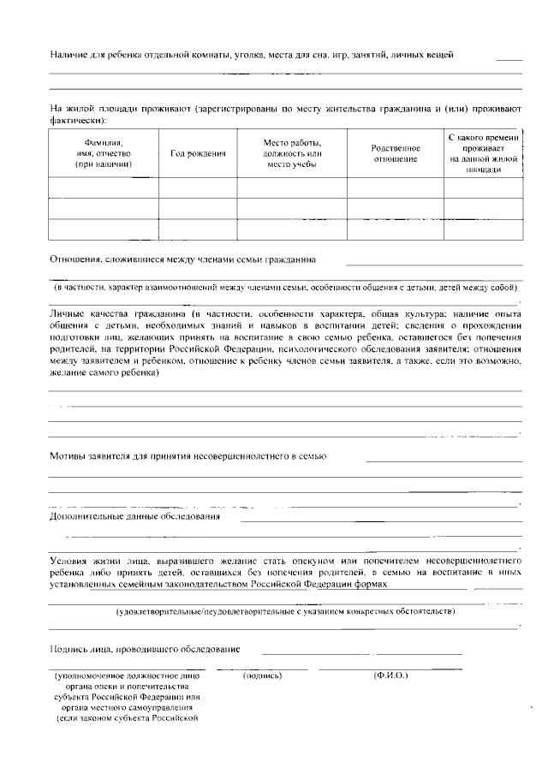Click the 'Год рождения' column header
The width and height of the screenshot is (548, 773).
198,153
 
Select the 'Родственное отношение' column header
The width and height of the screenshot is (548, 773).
396,153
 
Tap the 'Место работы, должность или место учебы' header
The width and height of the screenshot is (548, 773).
291,153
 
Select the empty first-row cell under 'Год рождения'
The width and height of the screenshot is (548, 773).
198,187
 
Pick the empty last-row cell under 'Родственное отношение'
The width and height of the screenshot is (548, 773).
396,229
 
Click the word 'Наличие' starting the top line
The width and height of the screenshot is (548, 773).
68,55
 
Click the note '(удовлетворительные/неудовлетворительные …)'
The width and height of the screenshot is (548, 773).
285,611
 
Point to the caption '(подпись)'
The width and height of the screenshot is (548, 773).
262,675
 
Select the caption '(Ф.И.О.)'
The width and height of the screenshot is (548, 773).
390,675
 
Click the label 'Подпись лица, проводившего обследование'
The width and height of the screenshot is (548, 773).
145,649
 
